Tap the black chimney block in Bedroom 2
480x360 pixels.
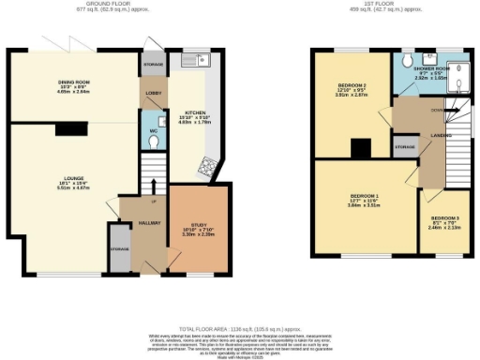pos(357,148)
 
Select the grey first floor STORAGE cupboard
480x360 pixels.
pos(405,148)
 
